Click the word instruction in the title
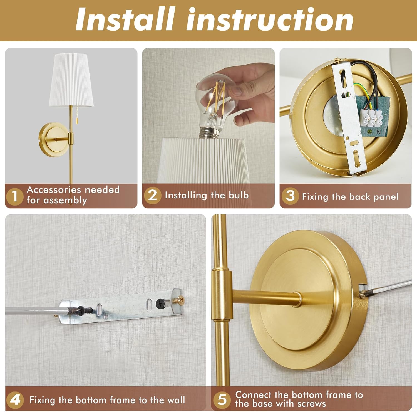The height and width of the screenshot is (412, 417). (x=270, y=19)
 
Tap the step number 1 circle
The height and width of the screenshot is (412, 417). (x=14, y=196)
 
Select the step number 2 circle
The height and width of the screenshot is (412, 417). (x=152, y=195)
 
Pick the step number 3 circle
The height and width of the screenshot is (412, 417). (x=290, y=196)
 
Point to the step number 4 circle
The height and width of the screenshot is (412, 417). (x=15, y=400)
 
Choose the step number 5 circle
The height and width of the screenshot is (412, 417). (x=222, y=399)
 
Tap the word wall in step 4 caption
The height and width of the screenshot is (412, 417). (x=176, y=400)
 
